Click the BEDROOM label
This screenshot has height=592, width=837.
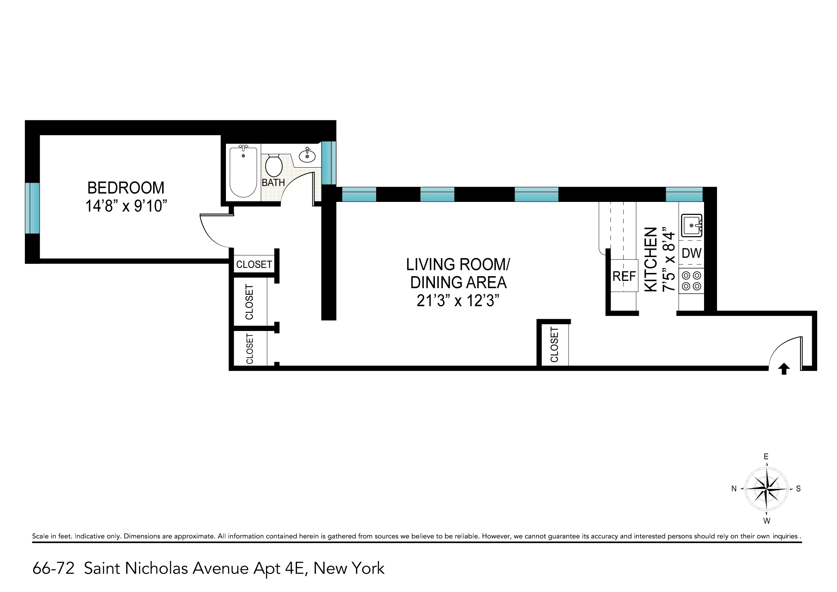[x=126, y=188]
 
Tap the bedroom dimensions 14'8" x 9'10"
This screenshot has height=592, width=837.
[x=126, y=206]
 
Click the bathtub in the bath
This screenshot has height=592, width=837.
[x=243, y=171]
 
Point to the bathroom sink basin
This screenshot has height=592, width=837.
[x=307, y=156]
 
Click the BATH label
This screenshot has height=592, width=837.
[x=273, y=182]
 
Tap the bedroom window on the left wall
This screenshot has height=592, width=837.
[x=32, y=208]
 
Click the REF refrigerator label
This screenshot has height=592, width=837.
[x=624, y=277]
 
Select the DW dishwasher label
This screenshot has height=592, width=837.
[x=691, y=253]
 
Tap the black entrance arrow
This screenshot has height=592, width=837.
[x=784, y=369]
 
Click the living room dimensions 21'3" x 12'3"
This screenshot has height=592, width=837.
[x=458, y=301]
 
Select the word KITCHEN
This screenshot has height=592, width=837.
[x=651, y=259]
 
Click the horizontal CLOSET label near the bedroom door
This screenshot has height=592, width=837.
[x=254, y=264]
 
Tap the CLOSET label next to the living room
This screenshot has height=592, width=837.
[x=554, y=345]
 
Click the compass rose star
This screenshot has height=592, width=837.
[x=767, y=488]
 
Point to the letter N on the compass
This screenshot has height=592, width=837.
[x=734, y=489]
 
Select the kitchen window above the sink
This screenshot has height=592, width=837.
[x=684, y=194]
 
